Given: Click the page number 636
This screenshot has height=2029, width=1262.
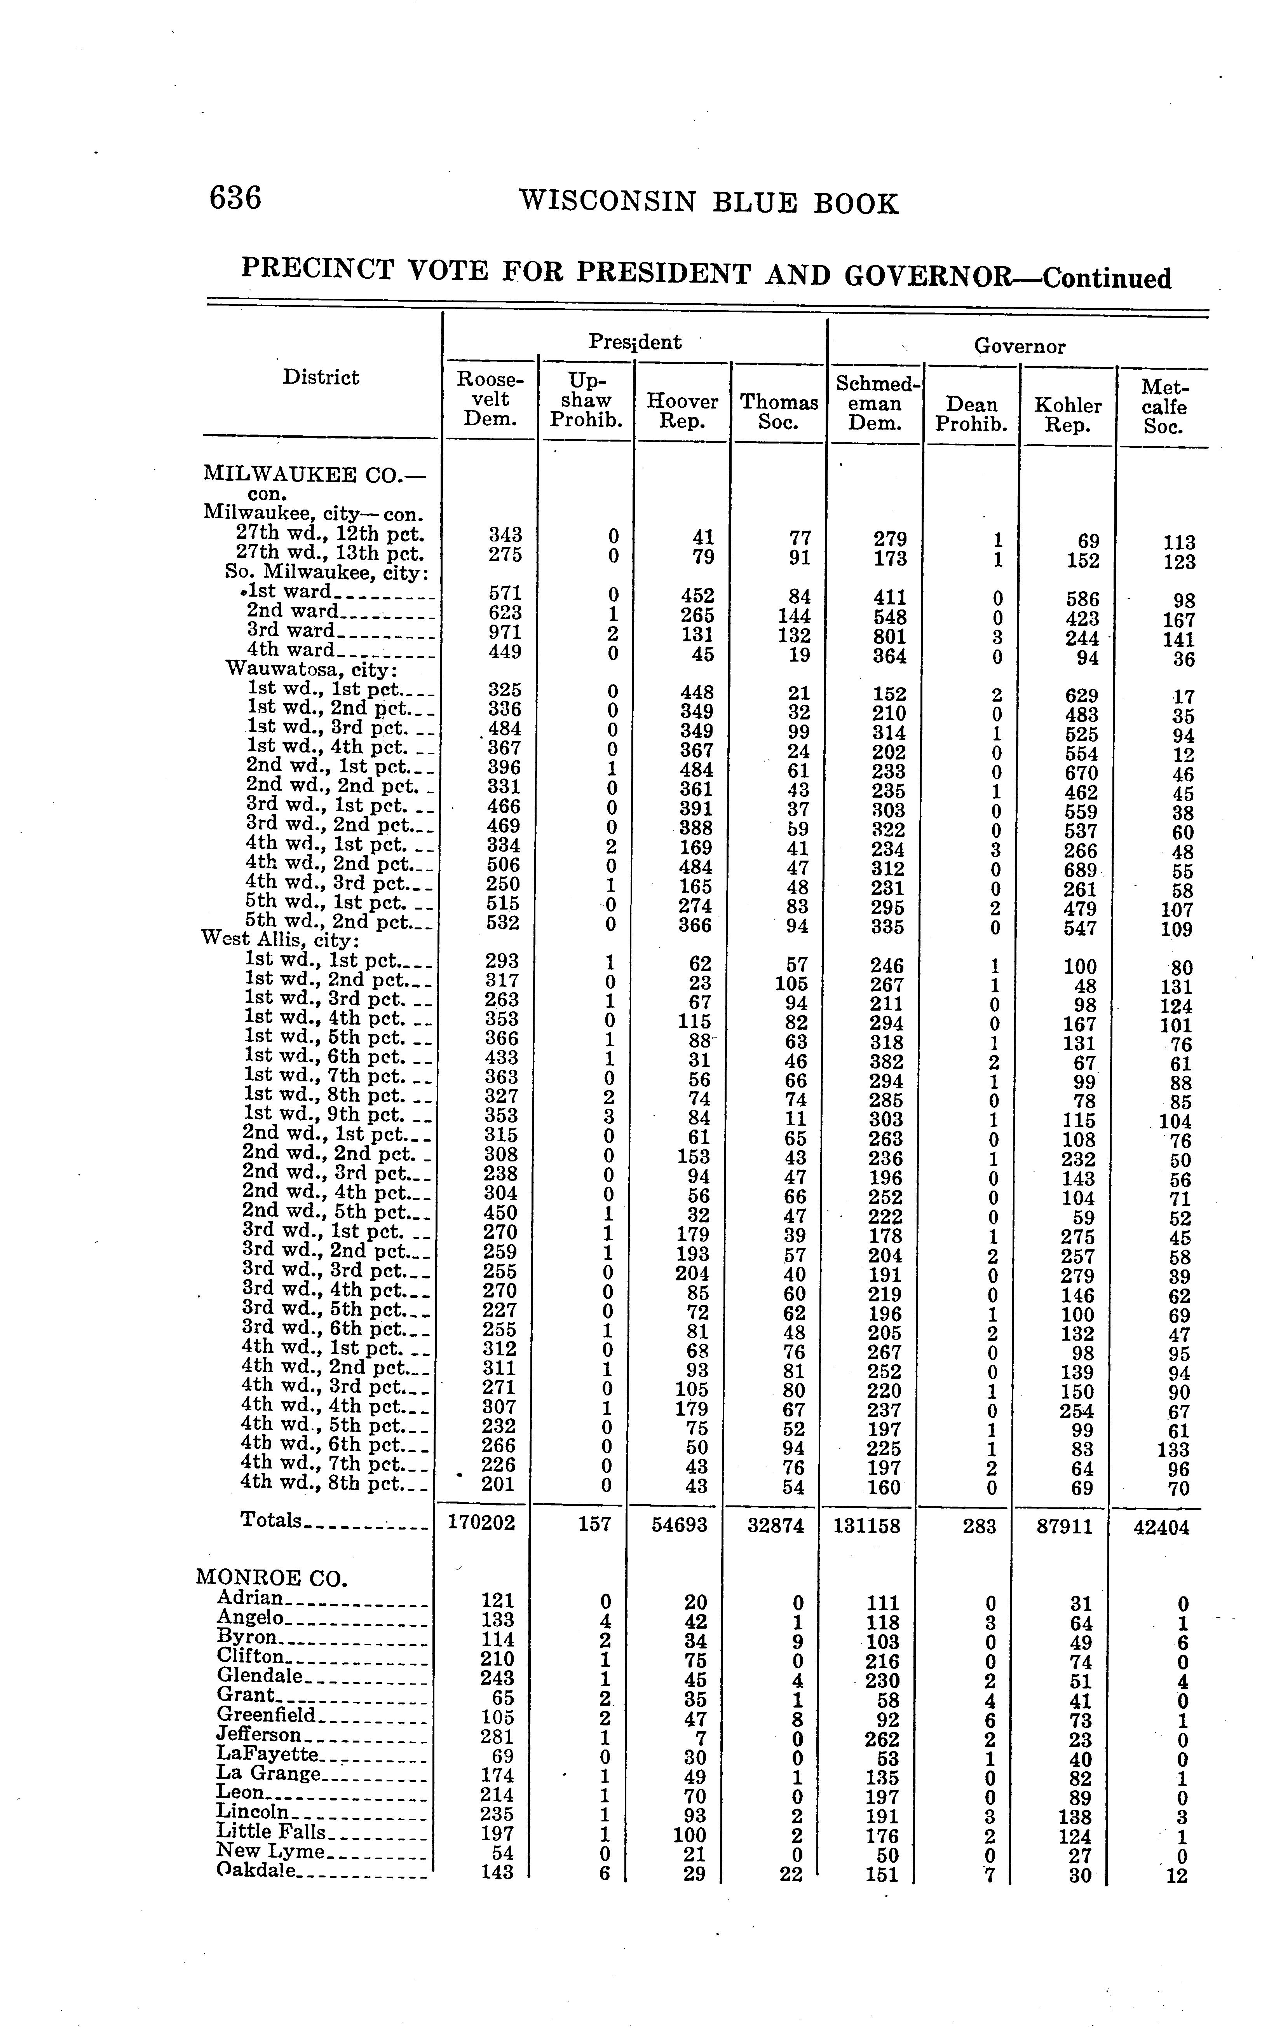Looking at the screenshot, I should [x=235, y=199].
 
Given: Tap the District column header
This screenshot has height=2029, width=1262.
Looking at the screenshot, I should [x=321, y=377].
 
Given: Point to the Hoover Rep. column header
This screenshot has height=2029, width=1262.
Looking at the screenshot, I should [x=682, y=411].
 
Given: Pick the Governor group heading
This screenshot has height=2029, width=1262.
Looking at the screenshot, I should [x=1019, y=346].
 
